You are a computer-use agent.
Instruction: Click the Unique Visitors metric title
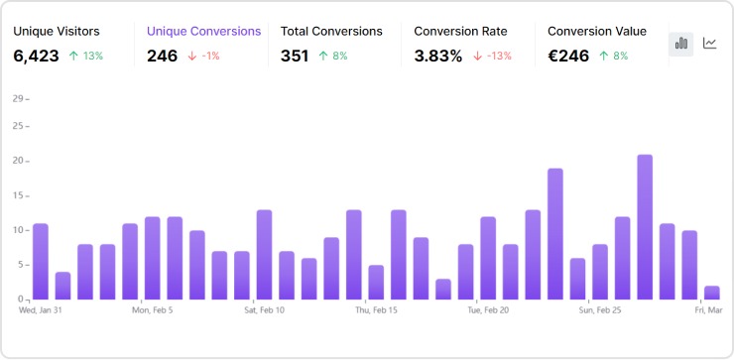click(57, 31)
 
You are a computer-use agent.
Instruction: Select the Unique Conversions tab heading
click(203, 31)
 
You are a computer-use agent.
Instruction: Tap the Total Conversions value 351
click(296, 57)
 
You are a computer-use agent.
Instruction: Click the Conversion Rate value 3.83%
click(437, 57)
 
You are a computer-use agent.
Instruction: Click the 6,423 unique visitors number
click(36, 57)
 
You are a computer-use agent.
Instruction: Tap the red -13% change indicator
click(493, 57)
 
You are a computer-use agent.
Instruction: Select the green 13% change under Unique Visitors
click(86, 57)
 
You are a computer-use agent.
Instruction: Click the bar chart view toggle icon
click(681, 43)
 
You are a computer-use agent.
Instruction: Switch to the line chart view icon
click(710, 43)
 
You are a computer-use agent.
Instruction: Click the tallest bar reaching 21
click(645, 227)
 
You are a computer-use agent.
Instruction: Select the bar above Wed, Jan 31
click(41, 262)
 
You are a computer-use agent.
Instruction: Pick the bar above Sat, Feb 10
click(264, 255)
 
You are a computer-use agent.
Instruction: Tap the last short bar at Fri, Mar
click(711, 293)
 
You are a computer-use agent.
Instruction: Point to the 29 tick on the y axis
click(18, 99)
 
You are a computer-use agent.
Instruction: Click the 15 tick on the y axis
click(18, 195)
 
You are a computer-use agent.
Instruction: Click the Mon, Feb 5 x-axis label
click(153, 309)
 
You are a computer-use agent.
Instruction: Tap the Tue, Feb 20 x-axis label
click(488, 309)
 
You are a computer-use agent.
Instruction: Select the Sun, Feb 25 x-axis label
click(600, 309)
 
